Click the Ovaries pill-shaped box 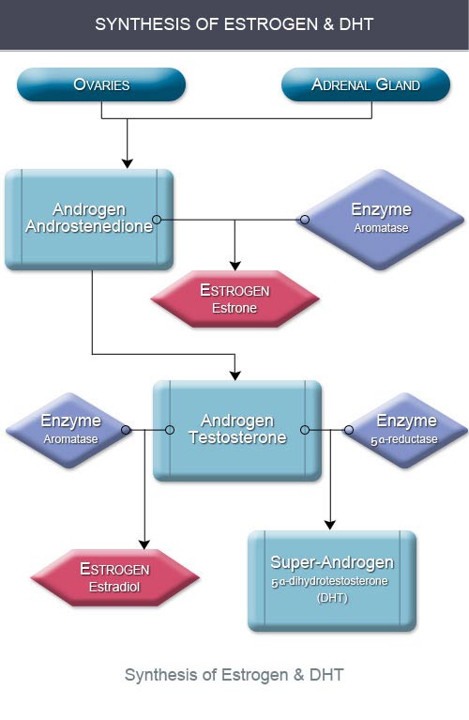101,84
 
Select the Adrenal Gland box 366,84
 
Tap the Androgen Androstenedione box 89,219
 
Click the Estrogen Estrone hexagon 234,299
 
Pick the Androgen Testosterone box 237,430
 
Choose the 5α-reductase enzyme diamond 405,430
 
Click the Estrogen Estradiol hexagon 114,577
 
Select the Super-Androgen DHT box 332,581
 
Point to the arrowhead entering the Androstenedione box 128,163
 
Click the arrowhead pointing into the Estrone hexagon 234,266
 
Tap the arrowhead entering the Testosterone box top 234,375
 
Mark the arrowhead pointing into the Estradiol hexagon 144,544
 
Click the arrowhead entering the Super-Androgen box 330,526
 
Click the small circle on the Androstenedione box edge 157,220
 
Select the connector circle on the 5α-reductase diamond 349,430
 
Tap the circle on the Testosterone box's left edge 170,430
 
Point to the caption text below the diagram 234,675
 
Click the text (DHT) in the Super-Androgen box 332,598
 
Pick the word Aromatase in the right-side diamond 381,228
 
